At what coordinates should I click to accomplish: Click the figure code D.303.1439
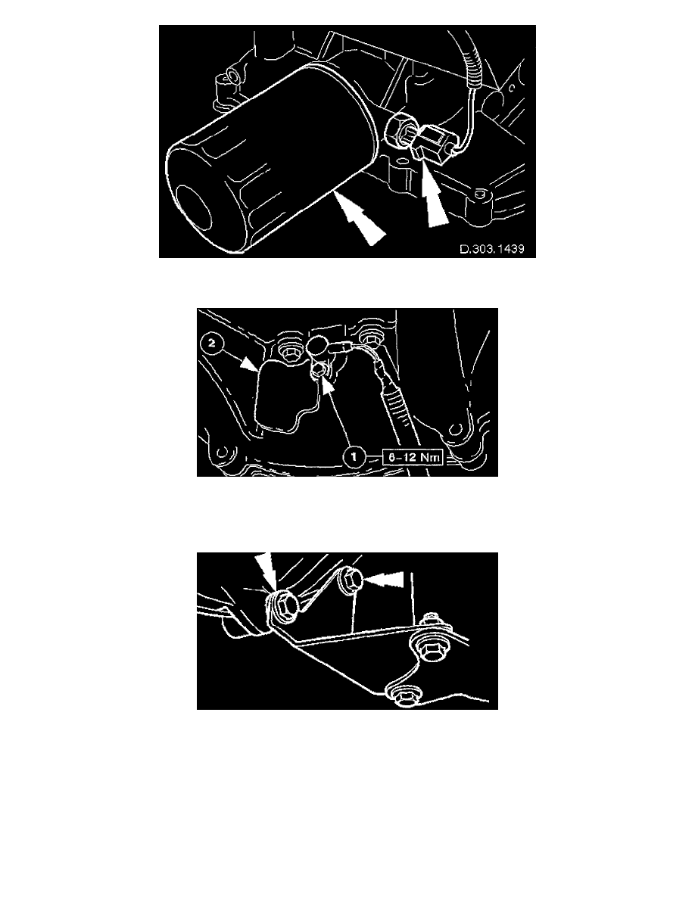coord(492,250)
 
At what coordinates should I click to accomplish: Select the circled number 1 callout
coord(354,457)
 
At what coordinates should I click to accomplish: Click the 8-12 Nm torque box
coord(412,457)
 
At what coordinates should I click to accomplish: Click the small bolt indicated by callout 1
coord(318,373)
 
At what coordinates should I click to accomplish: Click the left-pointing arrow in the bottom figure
coord(384,580)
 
